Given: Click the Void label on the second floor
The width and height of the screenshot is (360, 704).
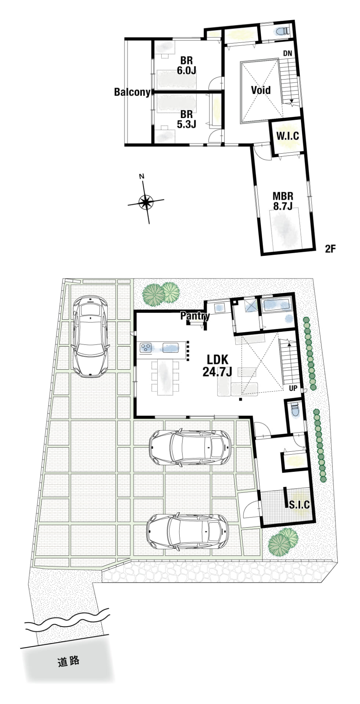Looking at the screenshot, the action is pos(261,90).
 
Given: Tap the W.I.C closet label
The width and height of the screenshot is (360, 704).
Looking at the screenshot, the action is pos(287,136).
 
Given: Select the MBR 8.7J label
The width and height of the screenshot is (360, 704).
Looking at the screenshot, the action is pos(283,201).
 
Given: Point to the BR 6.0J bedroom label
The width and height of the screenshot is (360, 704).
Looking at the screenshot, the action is pos(187,65).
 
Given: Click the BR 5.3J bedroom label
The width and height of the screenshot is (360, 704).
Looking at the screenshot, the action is pos(187,120).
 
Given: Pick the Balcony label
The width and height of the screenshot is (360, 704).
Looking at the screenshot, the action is pos(132,92).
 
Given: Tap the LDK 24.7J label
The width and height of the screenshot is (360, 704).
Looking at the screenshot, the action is pos(217,366).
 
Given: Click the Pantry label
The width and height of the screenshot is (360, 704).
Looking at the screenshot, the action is pos(195,316).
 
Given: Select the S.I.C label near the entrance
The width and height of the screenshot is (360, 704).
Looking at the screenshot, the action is pos(299,505).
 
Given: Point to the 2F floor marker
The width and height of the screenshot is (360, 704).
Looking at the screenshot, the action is pos(330,249).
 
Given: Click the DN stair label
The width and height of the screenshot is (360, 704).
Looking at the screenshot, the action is pos(287,54).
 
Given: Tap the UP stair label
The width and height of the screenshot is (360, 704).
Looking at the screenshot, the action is pos(293,388).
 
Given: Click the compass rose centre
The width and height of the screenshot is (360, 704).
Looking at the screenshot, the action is pos(146,201).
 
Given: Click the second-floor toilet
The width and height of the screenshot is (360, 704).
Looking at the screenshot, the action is pos(282,31).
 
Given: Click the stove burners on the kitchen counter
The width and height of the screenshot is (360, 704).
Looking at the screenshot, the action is pos(146,347).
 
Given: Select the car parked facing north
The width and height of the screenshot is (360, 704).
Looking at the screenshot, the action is pos(91,336).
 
